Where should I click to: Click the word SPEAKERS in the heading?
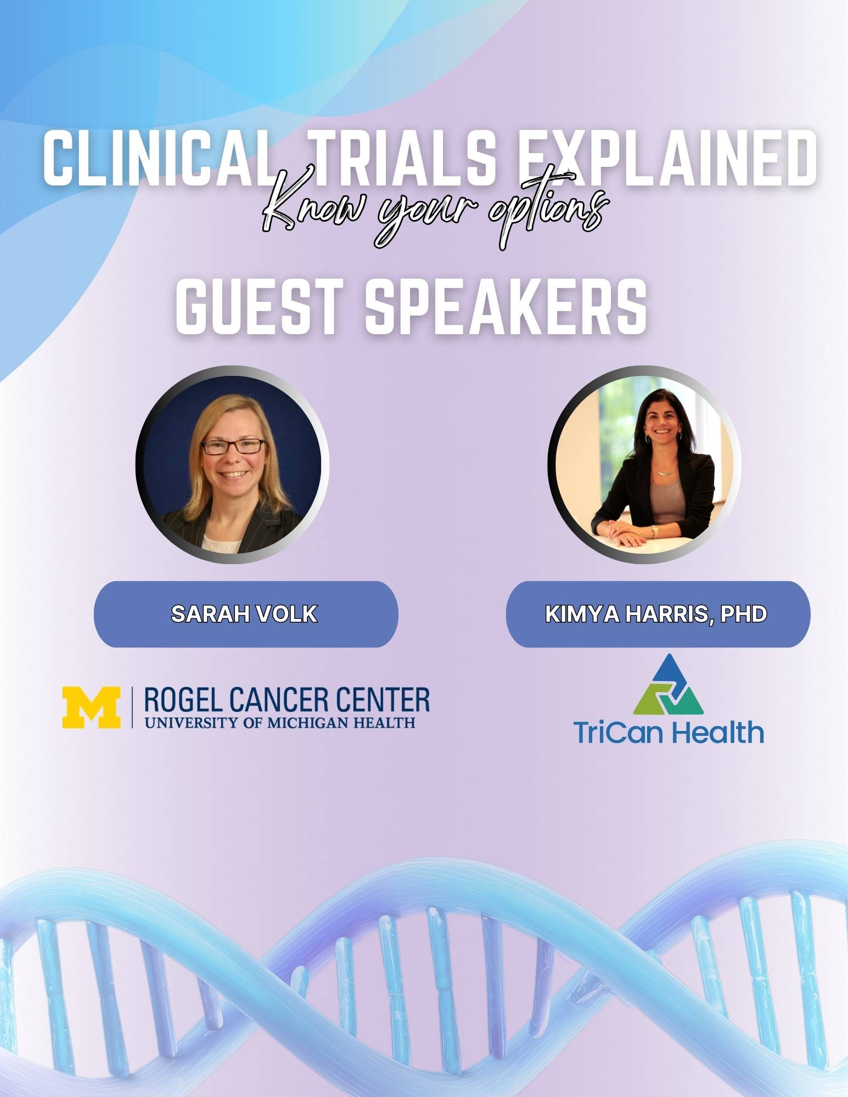click(x=506, y=307)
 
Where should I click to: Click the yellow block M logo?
click(x=91, y=707)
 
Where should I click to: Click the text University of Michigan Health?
click(x=280, y=722)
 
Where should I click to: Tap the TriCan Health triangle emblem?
click(x=668, y=684)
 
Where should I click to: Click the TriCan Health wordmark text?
click(x=668, y=732)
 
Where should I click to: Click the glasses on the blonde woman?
click(x=234, y=446)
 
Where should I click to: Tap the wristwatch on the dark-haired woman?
click(x=654, y=531)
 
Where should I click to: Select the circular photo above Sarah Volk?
click(x=232, y=465)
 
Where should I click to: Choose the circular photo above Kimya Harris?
click(x=644, y=465)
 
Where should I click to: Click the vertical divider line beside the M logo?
click(x=132, y=707)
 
